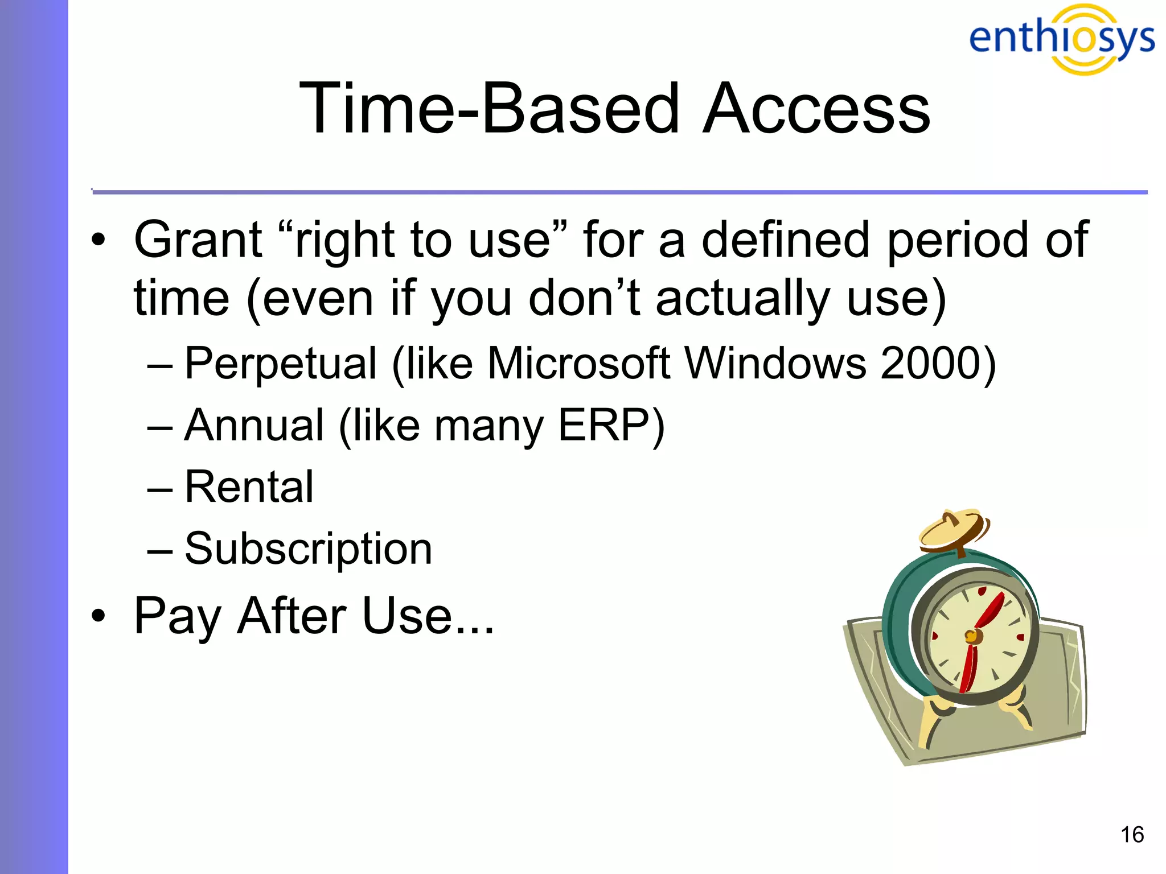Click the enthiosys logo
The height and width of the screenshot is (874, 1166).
(1061, 39)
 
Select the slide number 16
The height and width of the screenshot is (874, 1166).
(1132, 835)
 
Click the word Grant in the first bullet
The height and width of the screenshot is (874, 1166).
(198, 240)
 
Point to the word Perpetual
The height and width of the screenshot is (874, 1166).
(281, 364)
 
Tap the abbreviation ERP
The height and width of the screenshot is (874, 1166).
(603, 425)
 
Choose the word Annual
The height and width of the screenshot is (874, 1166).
(254, 425)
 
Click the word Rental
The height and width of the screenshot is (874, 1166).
(249, 487)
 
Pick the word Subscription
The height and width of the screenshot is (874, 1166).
(308, 549)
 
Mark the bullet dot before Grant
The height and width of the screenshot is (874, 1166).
(98, 240)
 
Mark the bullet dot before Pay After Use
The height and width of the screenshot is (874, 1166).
(98, 616)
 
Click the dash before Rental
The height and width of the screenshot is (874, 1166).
(159, 488)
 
